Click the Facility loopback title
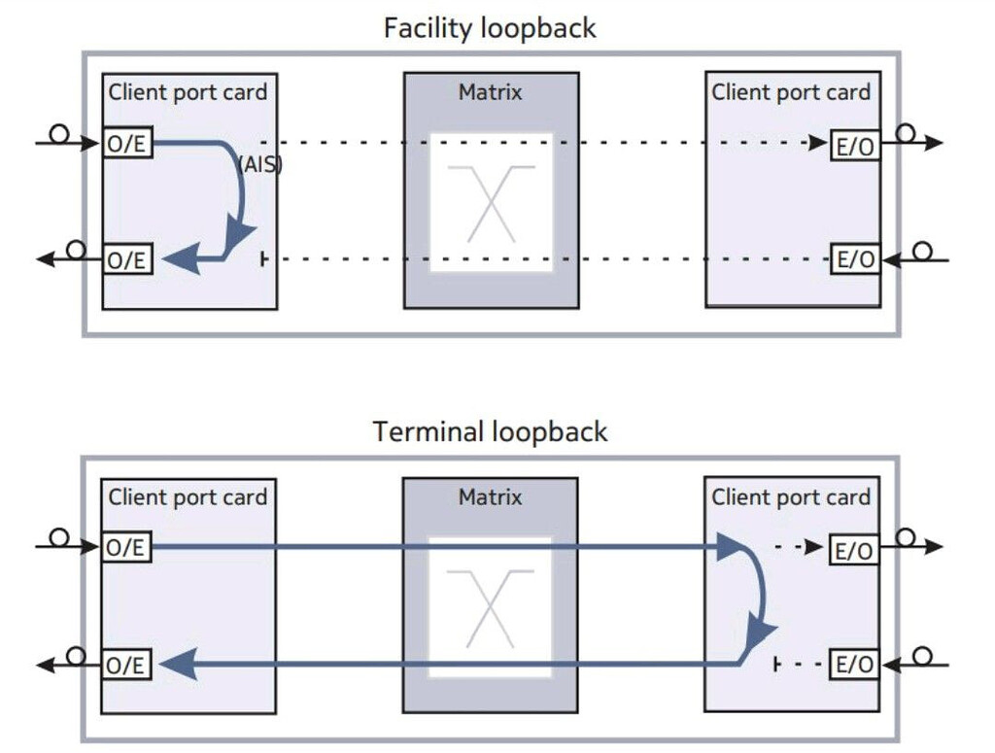(x=490, y=27)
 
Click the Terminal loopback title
(x=490, y=430)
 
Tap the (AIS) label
(x=259, y=164)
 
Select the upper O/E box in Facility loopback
(x=127, y=144)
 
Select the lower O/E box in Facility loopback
(x=127, y=259)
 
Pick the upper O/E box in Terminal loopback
(x=127, y=548)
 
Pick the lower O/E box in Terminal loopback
(x=127, y=665)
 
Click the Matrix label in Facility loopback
(x=490, y=92)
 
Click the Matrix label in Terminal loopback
(x=490, y=497)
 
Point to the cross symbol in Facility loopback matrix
(x=491, y=203)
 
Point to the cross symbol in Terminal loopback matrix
(x=491, y=607)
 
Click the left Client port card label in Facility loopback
(x=188, y=92)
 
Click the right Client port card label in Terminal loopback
(x=791, y=497)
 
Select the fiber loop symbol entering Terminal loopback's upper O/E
(x=60, y=537)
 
